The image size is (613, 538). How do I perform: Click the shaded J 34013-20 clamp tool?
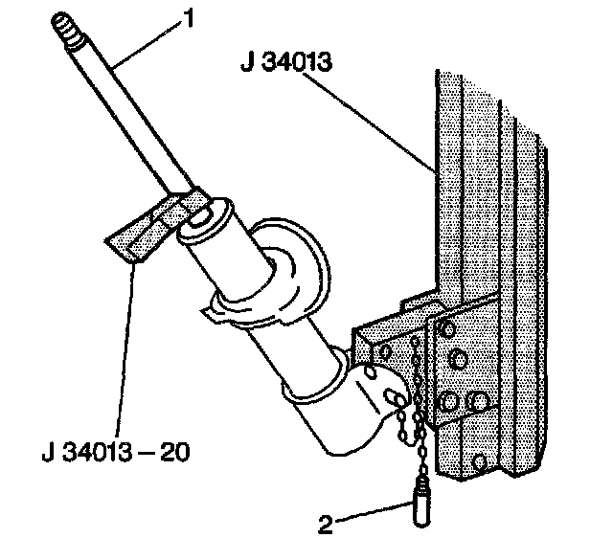[x=144, y=235]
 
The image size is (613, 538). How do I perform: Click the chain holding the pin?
[x=414, y=421]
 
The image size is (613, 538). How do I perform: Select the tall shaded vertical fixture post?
[x=488, y=239]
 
